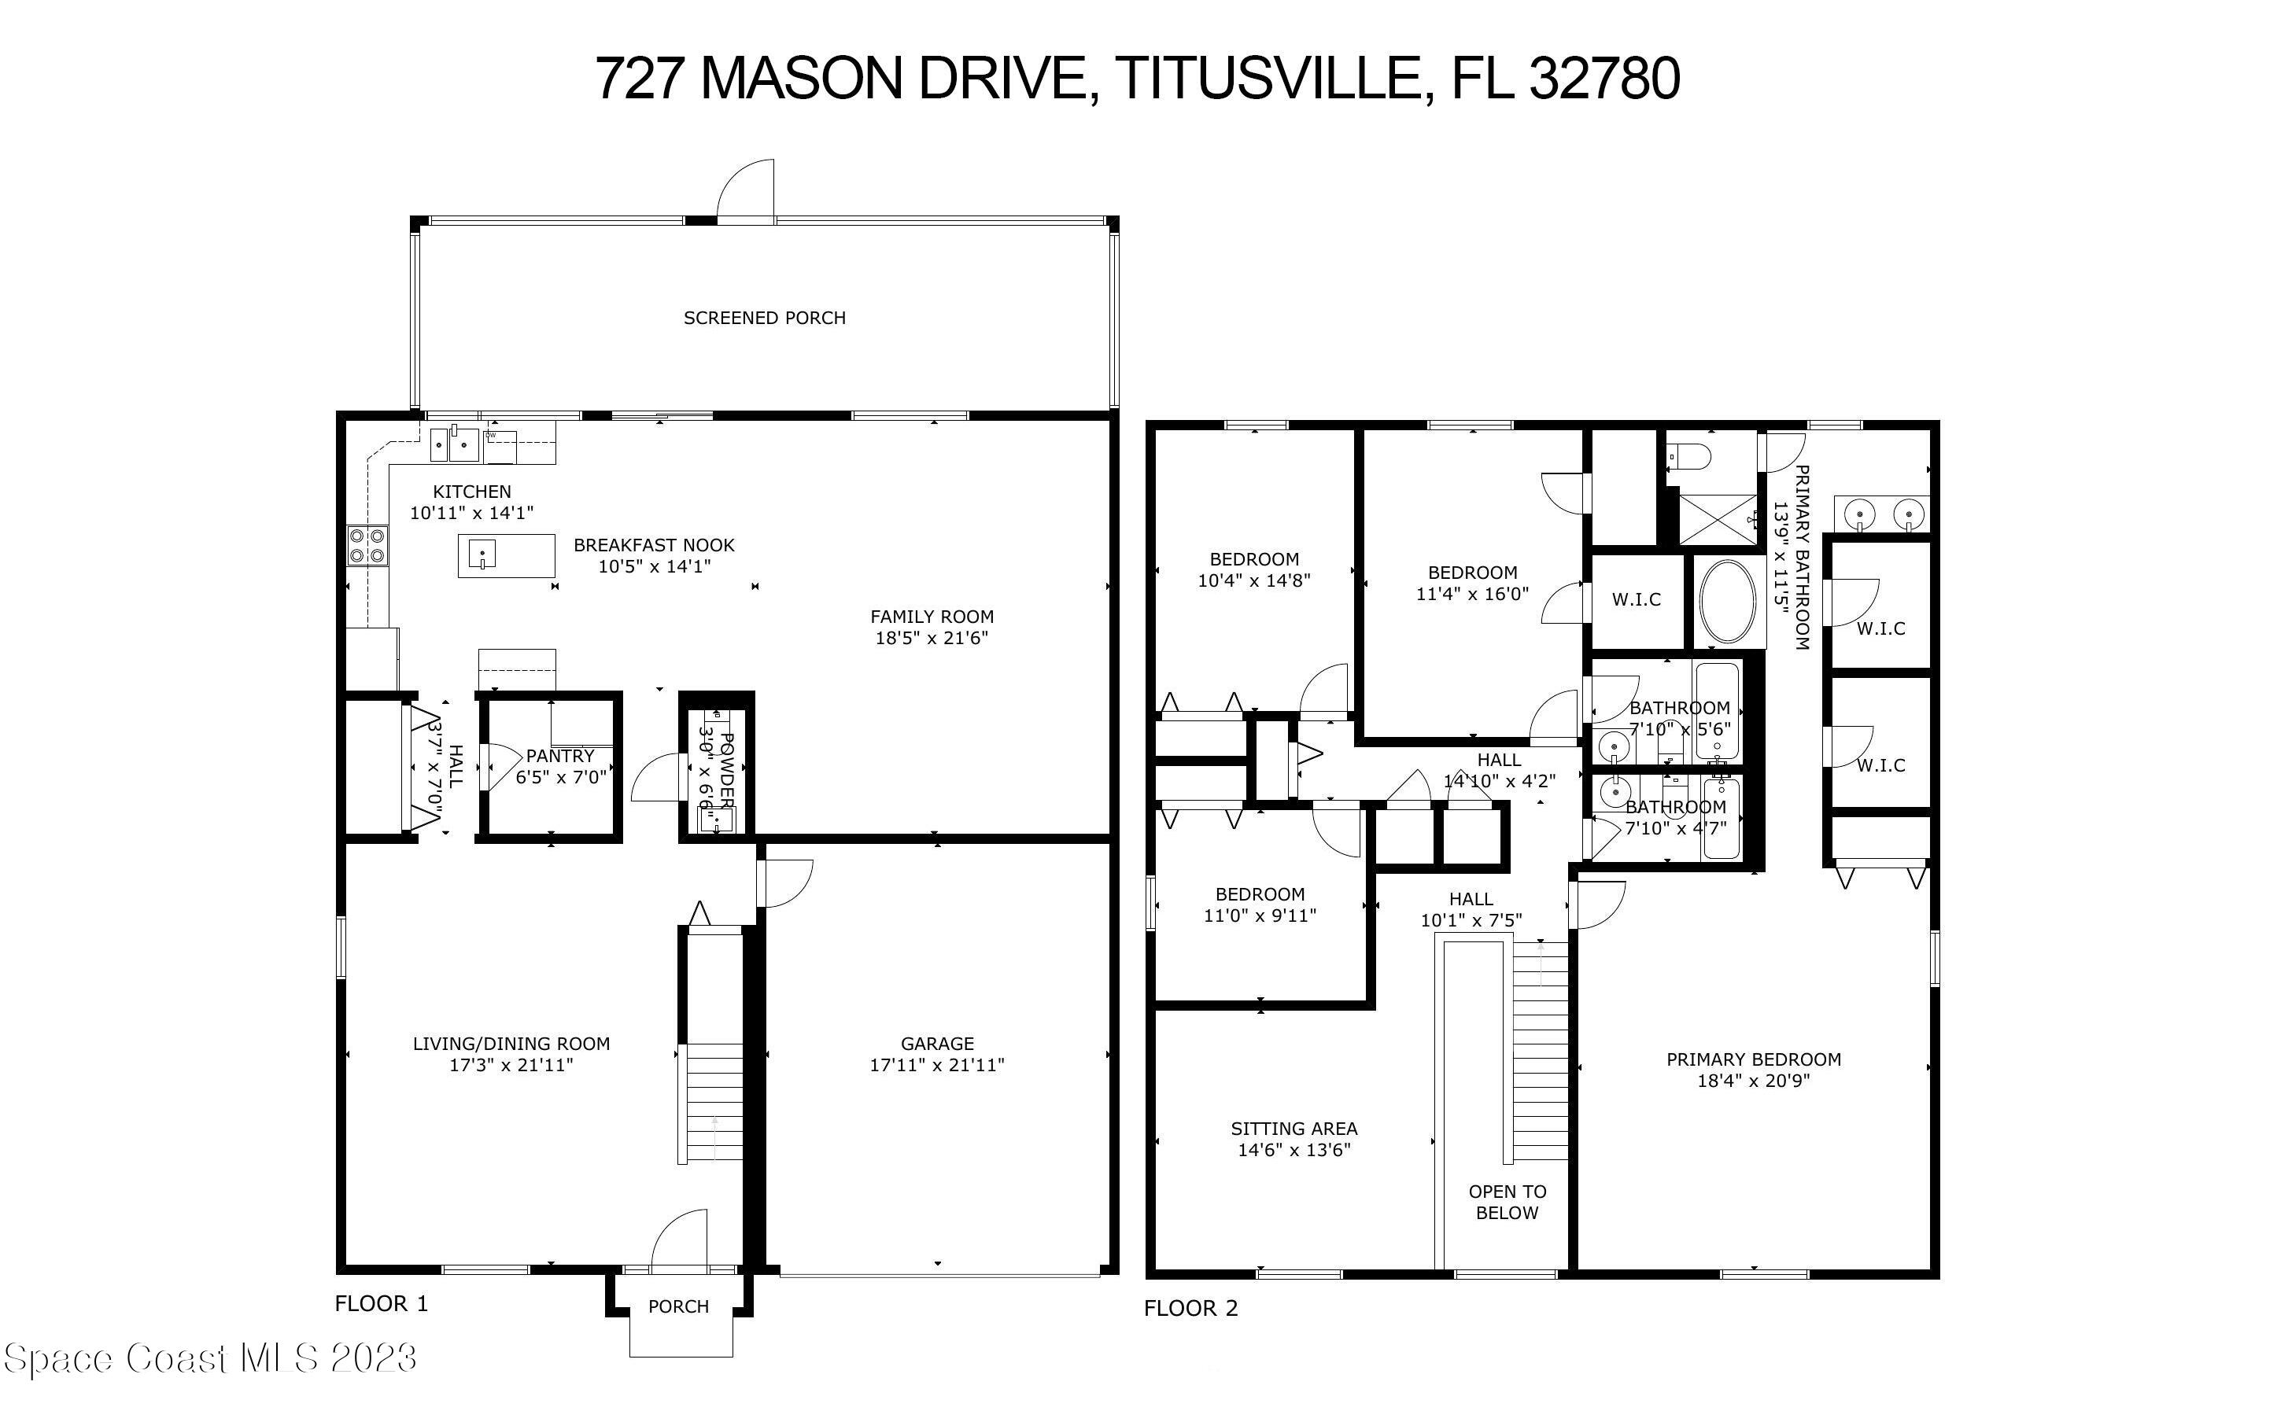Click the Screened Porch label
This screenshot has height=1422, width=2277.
(764, 318)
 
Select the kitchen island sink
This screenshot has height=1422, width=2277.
(482, 555)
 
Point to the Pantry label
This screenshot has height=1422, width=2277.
(559, 755)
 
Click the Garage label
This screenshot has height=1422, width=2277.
(937, 1043)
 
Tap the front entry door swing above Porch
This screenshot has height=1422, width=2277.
(680, 1239)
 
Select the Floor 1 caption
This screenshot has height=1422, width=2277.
(381, 1303)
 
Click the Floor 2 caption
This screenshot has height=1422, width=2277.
(1190, 1308)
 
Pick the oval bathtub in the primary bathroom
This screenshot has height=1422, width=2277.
(1728, 602)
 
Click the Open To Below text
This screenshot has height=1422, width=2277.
(1507, 1202)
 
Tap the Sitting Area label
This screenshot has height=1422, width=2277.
(1293, 1129)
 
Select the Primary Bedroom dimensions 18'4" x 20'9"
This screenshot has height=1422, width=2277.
(1753, 1081)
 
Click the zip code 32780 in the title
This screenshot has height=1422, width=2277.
(1603, 78)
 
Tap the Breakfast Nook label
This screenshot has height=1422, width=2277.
(654, 544)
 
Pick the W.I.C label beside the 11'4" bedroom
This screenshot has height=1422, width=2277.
(1636, 599)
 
